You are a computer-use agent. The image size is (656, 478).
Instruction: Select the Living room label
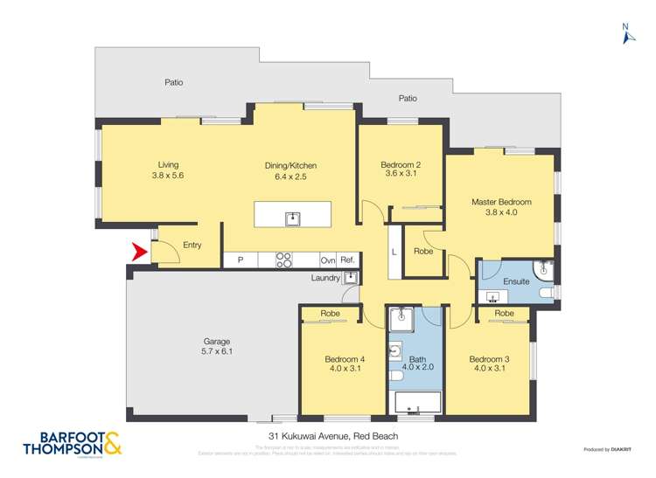click(x=168, y=164)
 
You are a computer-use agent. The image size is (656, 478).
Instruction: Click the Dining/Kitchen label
click(x=290, y=165)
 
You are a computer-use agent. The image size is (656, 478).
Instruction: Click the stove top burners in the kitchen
click(x=284, y=260)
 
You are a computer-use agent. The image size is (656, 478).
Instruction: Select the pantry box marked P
click(x=240, y=260)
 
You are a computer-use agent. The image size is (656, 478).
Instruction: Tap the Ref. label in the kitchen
click(x=347, y=260)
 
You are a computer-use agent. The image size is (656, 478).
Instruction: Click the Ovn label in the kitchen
click(x=327, y=260)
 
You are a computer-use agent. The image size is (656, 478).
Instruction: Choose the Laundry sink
click(x=350, y=278)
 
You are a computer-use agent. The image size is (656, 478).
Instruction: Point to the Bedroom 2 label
click(x=401, y=164)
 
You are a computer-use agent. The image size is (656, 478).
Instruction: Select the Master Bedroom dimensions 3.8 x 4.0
click(x=501, y=212)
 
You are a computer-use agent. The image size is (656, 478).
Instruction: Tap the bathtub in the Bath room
click(x=415, y=403)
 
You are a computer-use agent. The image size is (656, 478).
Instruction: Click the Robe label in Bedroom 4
click(x=330, y=313)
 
